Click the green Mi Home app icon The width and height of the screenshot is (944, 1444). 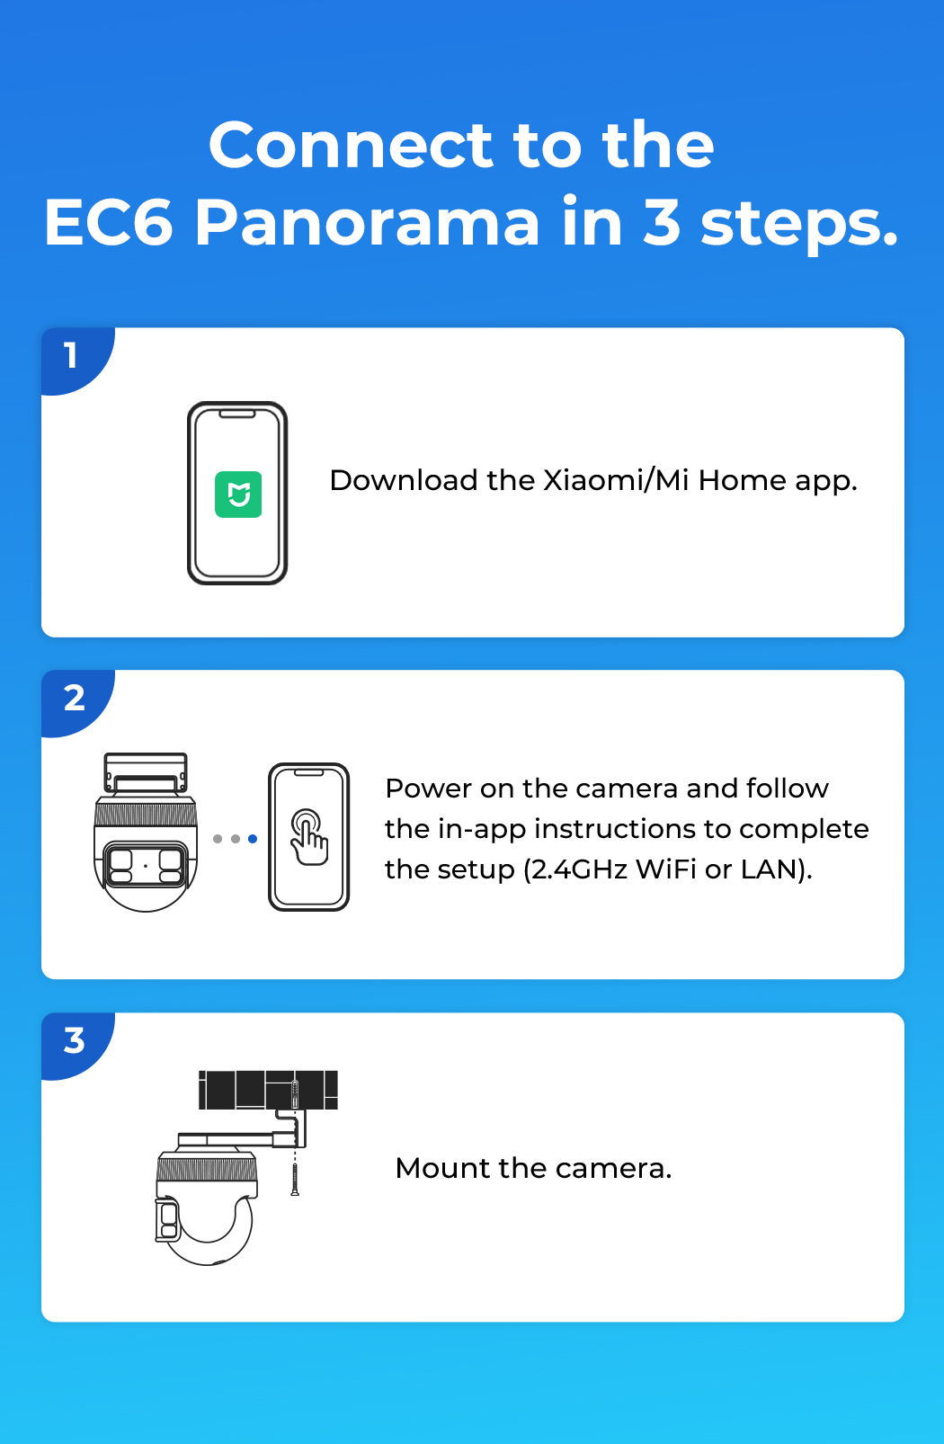238,495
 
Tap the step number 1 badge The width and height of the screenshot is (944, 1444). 72,356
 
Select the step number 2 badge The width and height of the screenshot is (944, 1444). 74,698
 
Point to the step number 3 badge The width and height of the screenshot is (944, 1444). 74,1040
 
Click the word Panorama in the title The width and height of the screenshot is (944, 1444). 367,223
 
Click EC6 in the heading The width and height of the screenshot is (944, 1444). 108,222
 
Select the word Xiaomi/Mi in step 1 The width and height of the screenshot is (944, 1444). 617,480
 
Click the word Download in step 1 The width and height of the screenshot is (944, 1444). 404,480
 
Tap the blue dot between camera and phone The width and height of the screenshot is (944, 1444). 253,839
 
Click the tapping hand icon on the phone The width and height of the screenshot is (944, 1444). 309,837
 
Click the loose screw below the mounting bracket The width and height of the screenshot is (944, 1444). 295,1179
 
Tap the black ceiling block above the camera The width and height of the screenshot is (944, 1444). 268,1090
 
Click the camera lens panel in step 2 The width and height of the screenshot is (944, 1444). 147,865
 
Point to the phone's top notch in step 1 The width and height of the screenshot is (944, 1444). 237,414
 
